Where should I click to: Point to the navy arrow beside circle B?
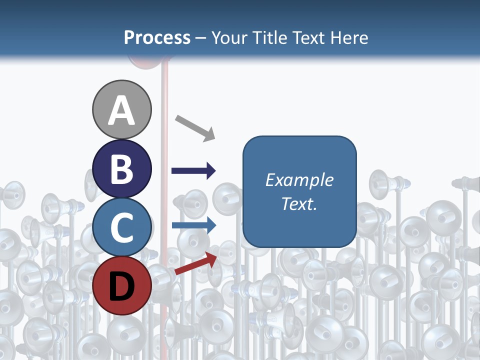(193, 171)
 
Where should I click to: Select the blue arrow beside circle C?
(193, 225)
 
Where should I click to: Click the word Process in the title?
(157, 37)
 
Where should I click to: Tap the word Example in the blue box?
(299, 180)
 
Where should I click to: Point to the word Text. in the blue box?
(299, 203)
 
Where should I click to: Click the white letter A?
(122, 110)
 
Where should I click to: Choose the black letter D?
(122, 286)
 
